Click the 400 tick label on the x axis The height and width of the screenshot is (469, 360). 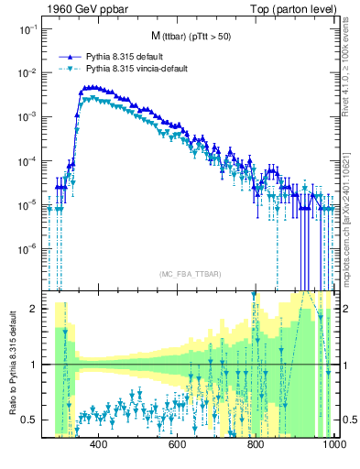pos(99,446)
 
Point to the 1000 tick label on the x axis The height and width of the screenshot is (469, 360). pos(333,446)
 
